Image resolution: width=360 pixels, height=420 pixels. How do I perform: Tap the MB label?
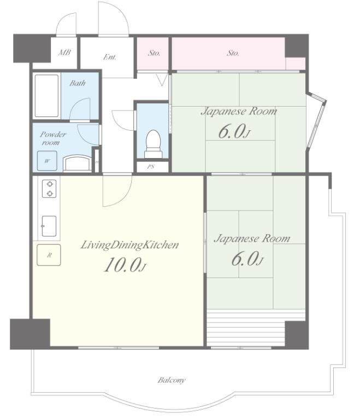[x=64, y=52]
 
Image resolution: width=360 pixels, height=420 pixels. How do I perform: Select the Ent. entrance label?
[x=110, y=57]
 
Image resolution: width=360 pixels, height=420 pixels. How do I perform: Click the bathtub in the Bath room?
[x=46, y=96]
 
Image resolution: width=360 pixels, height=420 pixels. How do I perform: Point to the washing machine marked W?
[x=47, y=161]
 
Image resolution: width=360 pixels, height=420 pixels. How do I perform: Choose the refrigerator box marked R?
[x=49, y=255]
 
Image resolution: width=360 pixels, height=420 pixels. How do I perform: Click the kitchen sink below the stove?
[x=49, y=226]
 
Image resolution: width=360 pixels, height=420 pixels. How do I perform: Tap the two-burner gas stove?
[x=49, y=189]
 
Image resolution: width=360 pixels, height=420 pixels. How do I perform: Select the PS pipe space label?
[x=151, y=167]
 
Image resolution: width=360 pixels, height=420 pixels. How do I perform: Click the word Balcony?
[x=172, y=380]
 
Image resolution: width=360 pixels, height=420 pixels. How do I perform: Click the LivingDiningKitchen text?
[x=129, y=245]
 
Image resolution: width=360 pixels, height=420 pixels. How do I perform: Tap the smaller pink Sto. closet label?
[x=154, y=53]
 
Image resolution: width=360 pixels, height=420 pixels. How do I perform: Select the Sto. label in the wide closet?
[x=233, y=53]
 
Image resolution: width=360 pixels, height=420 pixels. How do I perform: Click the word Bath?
[x=78, y=83]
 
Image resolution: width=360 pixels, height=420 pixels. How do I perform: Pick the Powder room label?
[x=53, y=138]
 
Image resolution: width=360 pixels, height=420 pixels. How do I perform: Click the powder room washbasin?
[x=77, y=163]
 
